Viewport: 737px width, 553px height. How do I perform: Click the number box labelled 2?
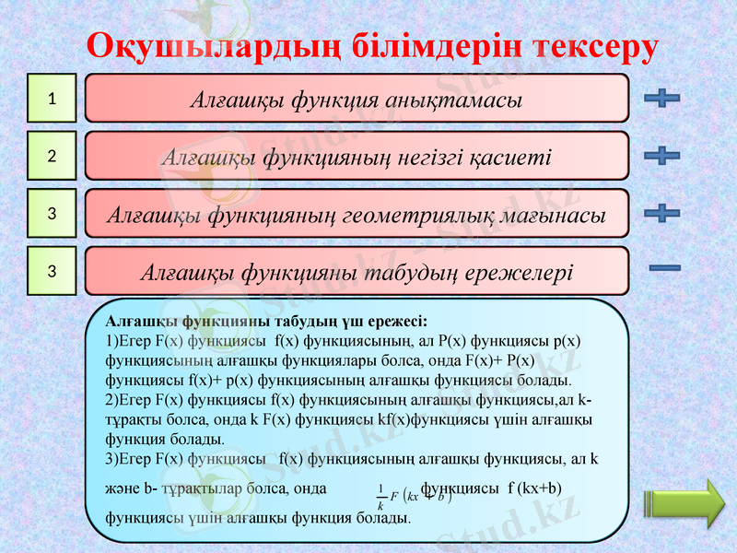(53, 156)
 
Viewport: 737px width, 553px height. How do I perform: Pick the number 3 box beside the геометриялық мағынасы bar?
(53, 213)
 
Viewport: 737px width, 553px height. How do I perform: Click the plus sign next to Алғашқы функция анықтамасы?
(662, 98)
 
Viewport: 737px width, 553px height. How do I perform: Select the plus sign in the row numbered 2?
(662, 155)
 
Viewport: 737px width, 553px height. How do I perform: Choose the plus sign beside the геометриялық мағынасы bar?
(662, 213)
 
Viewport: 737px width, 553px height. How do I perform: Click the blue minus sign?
(664, 268)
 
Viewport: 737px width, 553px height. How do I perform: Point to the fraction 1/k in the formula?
(380, 497)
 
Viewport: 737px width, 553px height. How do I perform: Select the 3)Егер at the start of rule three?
(129, 457)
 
